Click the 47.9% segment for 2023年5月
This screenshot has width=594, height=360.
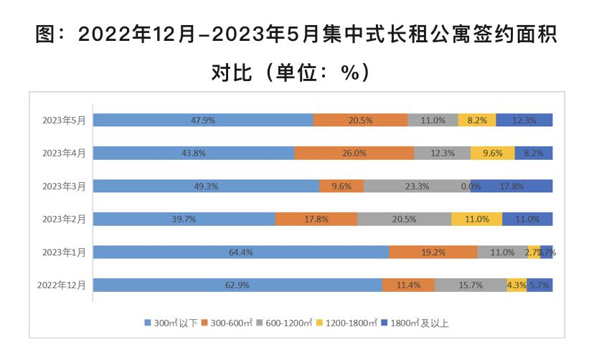pos(203,120)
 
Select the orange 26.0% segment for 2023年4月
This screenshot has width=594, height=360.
pos(354,153)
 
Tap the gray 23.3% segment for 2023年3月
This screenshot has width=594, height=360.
pos(417,186)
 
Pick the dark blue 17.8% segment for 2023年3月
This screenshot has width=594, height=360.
pos(511,186)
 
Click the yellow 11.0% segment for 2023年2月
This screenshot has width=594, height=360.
pos(476,219)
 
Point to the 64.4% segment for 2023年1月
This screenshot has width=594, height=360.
pos(241,252)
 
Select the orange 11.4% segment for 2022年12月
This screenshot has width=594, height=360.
pos(408,285)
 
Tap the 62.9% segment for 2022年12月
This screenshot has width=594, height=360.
pos(237,285)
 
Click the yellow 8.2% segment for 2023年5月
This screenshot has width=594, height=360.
pos(477,120)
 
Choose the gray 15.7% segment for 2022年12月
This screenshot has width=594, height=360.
pos(471,285)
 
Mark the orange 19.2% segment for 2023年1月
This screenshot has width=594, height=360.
pos(433,252)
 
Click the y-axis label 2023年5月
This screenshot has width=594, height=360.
pos(64,120)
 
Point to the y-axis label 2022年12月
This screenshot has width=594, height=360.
pos(62,285)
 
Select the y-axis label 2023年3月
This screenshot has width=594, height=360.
pos(64,186)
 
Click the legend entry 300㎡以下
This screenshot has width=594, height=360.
pos(172,323)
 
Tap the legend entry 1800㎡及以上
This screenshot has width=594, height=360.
pos(418,323)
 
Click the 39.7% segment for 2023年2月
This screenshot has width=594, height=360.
pos(184,219)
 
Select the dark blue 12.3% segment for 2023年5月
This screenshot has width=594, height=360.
pos(524,120)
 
